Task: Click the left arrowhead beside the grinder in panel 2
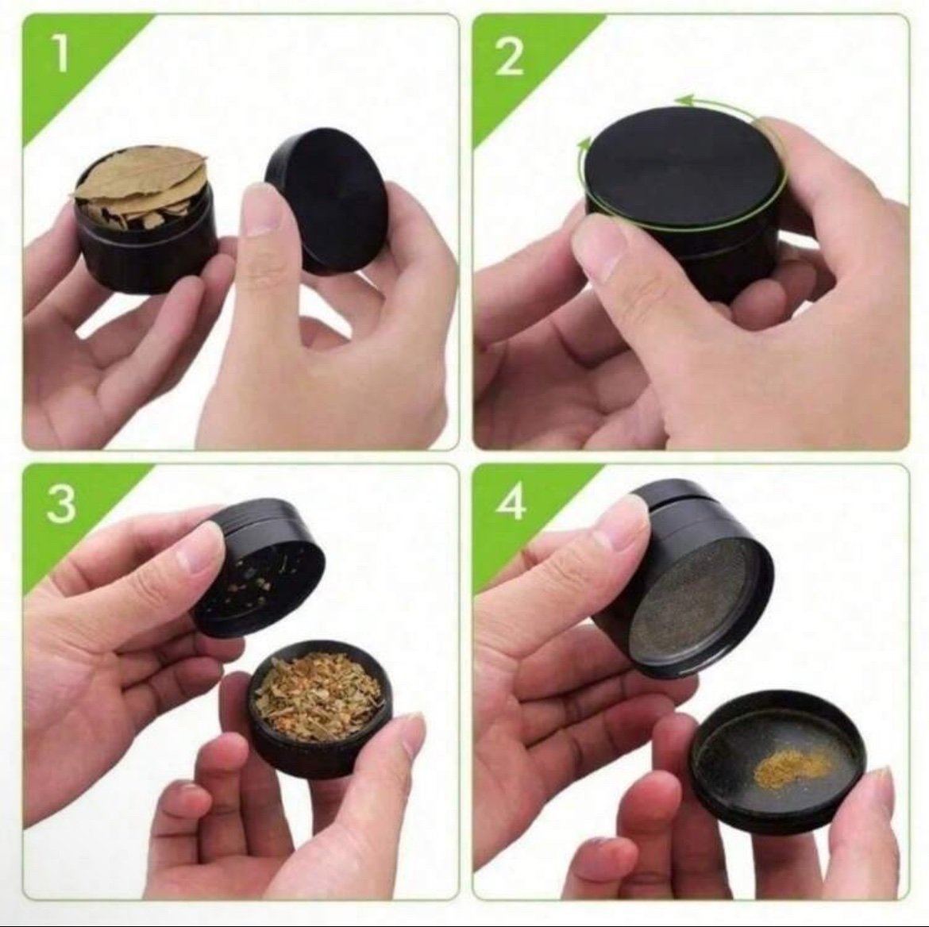[584, 144]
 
